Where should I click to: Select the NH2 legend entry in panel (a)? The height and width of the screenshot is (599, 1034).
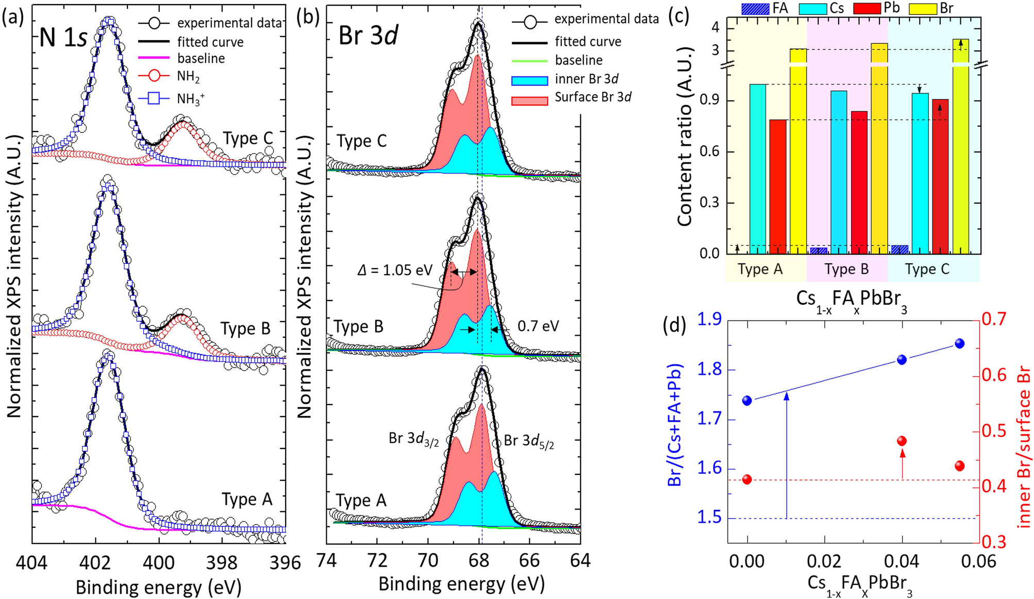point(188,76)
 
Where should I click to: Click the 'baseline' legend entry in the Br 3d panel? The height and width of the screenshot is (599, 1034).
point(578,60)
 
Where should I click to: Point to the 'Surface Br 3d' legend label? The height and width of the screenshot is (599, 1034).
point(593,97)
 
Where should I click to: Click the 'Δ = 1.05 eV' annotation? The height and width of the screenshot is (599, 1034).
point(395,270)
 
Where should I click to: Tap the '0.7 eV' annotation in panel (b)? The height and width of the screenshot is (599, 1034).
point(538,326)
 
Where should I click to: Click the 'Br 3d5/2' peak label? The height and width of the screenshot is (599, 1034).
point(529,441)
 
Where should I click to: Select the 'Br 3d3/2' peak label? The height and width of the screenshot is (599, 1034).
point(414,439)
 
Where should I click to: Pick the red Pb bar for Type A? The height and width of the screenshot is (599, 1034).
point(778,187)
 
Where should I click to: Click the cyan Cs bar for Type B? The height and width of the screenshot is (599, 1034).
point(839,172)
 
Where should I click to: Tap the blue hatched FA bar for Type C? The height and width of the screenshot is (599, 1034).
point(899,249)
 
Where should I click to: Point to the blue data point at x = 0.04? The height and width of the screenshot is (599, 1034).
point(902,360)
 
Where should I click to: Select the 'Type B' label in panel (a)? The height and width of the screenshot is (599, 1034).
point(245,329)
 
